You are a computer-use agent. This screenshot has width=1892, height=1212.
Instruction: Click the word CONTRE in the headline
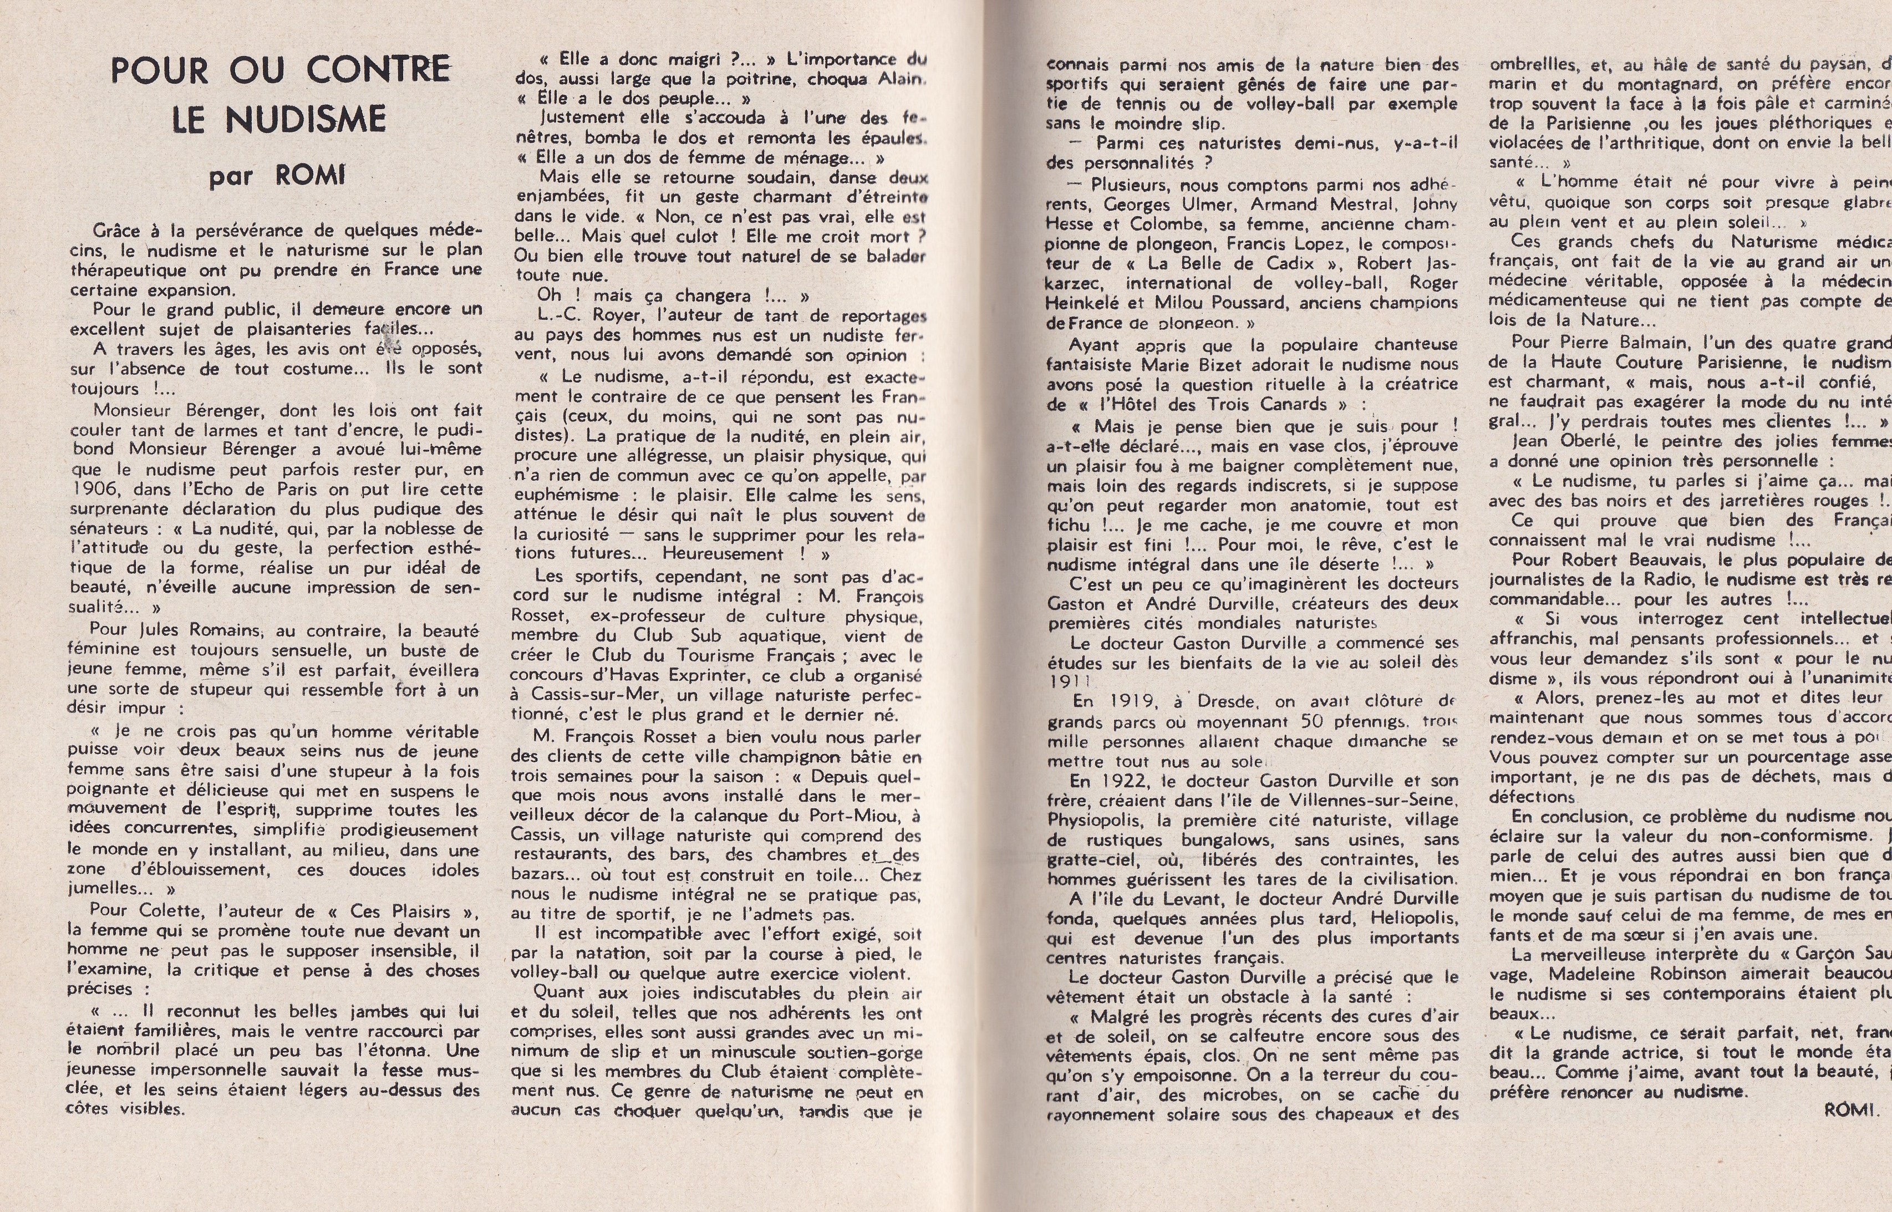(378, 70)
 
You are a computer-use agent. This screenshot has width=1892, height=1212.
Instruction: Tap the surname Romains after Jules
(226, 630)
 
